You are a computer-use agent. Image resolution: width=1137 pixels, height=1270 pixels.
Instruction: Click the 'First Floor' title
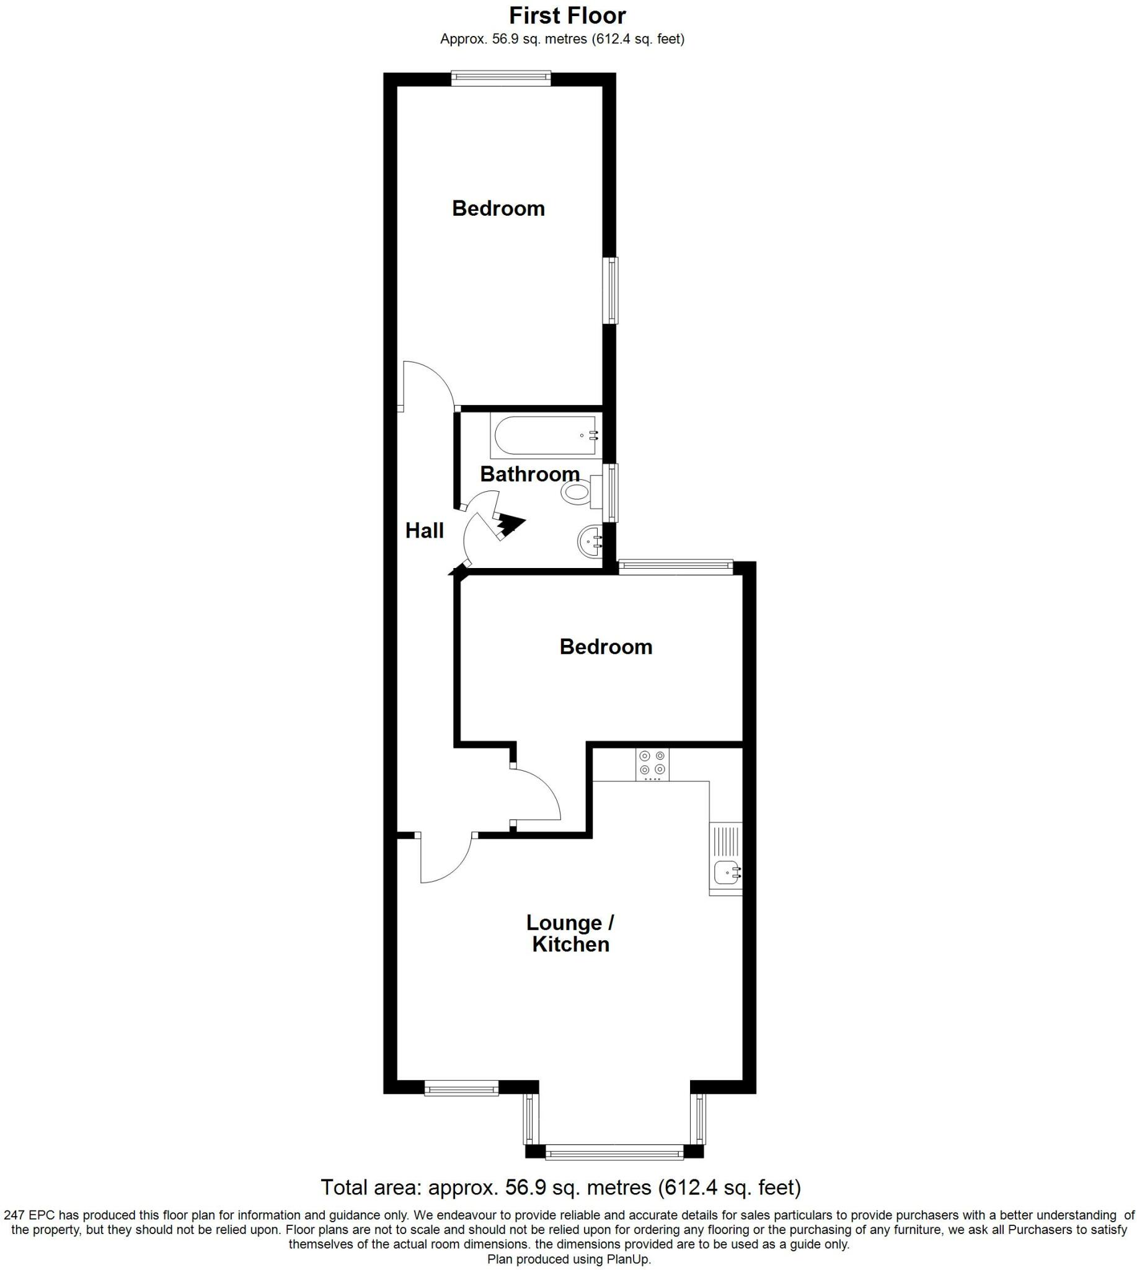pos(567,16)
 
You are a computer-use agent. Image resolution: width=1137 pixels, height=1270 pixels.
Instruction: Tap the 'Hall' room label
pos(424,531)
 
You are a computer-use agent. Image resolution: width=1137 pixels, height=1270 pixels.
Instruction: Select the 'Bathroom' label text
pos(529,474)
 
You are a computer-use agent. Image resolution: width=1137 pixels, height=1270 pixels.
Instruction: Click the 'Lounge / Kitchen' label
pos(570,933)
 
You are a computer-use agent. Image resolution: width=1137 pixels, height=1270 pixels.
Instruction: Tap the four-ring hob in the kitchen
pos(652,764)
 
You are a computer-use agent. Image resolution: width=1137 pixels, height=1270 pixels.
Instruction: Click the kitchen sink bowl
pos(727,871)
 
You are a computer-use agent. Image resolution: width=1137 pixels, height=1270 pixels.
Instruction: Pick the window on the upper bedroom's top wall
pos(501,78)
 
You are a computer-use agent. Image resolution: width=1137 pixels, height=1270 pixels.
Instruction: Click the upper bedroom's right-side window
pos(611,291)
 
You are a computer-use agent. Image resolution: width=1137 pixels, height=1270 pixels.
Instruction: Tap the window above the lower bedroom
pos(675,567)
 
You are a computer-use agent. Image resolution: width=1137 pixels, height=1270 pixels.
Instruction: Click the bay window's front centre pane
pos(614,1152)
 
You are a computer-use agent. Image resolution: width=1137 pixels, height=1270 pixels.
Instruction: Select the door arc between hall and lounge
pos(450,863)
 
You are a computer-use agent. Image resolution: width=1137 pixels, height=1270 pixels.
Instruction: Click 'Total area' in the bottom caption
pos(361,1187)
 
